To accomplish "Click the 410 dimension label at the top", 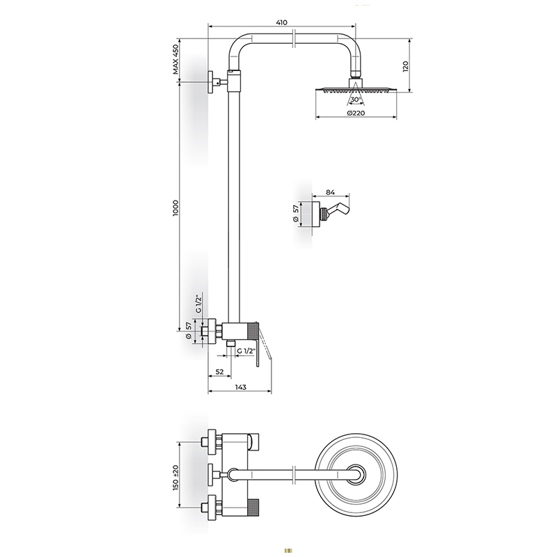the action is (281, 22).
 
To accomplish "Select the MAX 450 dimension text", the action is (176, 60).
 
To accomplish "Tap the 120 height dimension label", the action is (406, 66).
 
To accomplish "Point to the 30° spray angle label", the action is (356, 100).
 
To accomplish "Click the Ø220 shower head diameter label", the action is (356, 113).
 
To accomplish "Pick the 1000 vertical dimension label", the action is (176, 208).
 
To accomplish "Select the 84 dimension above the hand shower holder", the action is (330, 192).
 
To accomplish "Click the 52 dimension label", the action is (220, 372).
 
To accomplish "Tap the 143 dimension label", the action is (240, 387).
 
